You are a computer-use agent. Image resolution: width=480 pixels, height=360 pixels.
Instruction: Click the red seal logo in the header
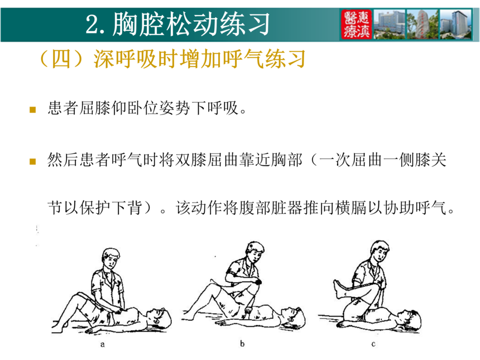click(x=357, y=24)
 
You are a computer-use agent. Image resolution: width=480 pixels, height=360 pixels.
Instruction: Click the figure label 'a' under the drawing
click(x=103, y=345)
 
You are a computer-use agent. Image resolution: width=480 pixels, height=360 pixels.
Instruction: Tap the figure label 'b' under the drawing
click(x=242, y=343)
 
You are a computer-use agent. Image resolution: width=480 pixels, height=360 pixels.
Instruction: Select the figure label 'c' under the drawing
click(x=373, y=344)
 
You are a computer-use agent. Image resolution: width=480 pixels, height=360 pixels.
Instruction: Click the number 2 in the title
click(x=92, y=25)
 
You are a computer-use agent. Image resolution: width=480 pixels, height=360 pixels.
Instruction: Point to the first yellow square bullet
click(x=33, y=109)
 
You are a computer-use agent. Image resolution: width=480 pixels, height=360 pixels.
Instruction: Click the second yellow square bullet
click(x=33, y=161)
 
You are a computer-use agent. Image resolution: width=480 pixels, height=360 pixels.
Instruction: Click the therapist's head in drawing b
click(x=255, y=251)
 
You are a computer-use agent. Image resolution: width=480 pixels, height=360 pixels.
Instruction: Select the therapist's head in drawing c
click(x=380, y=251)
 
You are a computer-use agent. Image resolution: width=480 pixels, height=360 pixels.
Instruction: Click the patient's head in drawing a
click(x=159, y=319)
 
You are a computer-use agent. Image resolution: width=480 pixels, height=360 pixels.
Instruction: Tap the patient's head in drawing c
click(x=410, y=320)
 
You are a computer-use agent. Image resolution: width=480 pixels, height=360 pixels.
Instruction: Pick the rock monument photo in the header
click(x=423, y=24)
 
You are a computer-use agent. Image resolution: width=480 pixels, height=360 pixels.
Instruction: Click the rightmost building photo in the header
click(x=456, y=24)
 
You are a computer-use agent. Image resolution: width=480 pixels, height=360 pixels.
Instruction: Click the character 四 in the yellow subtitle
click(x=61, y=59)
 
